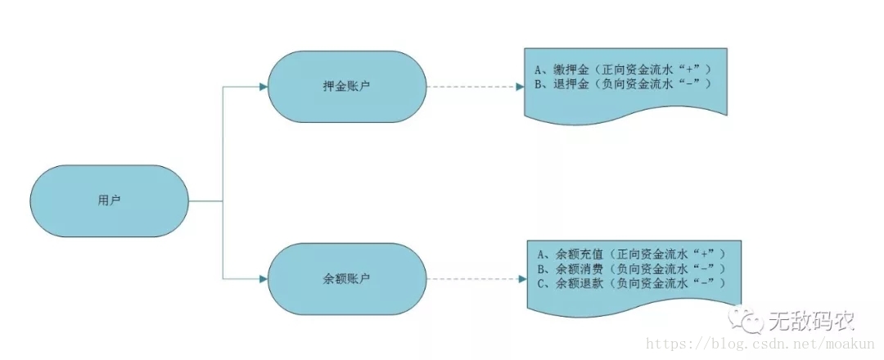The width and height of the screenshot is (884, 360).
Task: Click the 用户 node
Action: click(109, 200)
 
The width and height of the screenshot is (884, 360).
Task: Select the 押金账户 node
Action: click(346, 86)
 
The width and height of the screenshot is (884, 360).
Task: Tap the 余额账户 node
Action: click(346, 279)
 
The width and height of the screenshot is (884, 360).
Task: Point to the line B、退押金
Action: click(622, 83)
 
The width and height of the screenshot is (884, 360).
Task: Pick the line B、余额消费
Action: click(630, 268)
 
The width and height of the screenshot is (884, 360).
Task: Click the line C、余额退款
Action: click(630, 281)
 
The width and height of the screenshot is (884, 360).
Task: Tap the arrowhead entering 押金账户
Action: click(263, 86)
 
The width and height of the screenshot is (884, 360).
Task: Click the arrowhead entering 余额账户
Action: click(263, 279)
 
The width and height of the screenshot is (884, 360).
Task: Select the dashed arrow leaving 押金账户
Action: click(475, 86)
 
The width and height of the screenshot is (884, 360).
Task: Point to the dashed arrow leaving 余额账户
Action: click(475, 279)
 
